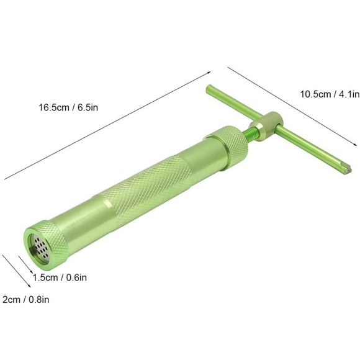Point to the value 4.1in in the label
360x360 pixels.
(344, 94)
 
